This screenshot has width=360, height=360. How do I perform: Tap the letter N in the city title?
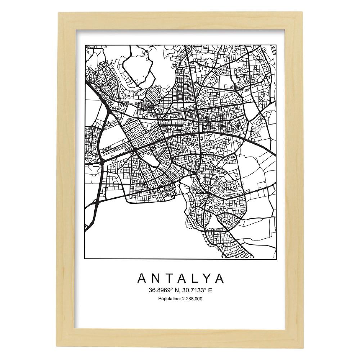(x=156, y=279)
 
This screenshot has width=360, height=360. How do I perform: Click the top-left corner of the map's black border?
(x=85, y=45)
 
